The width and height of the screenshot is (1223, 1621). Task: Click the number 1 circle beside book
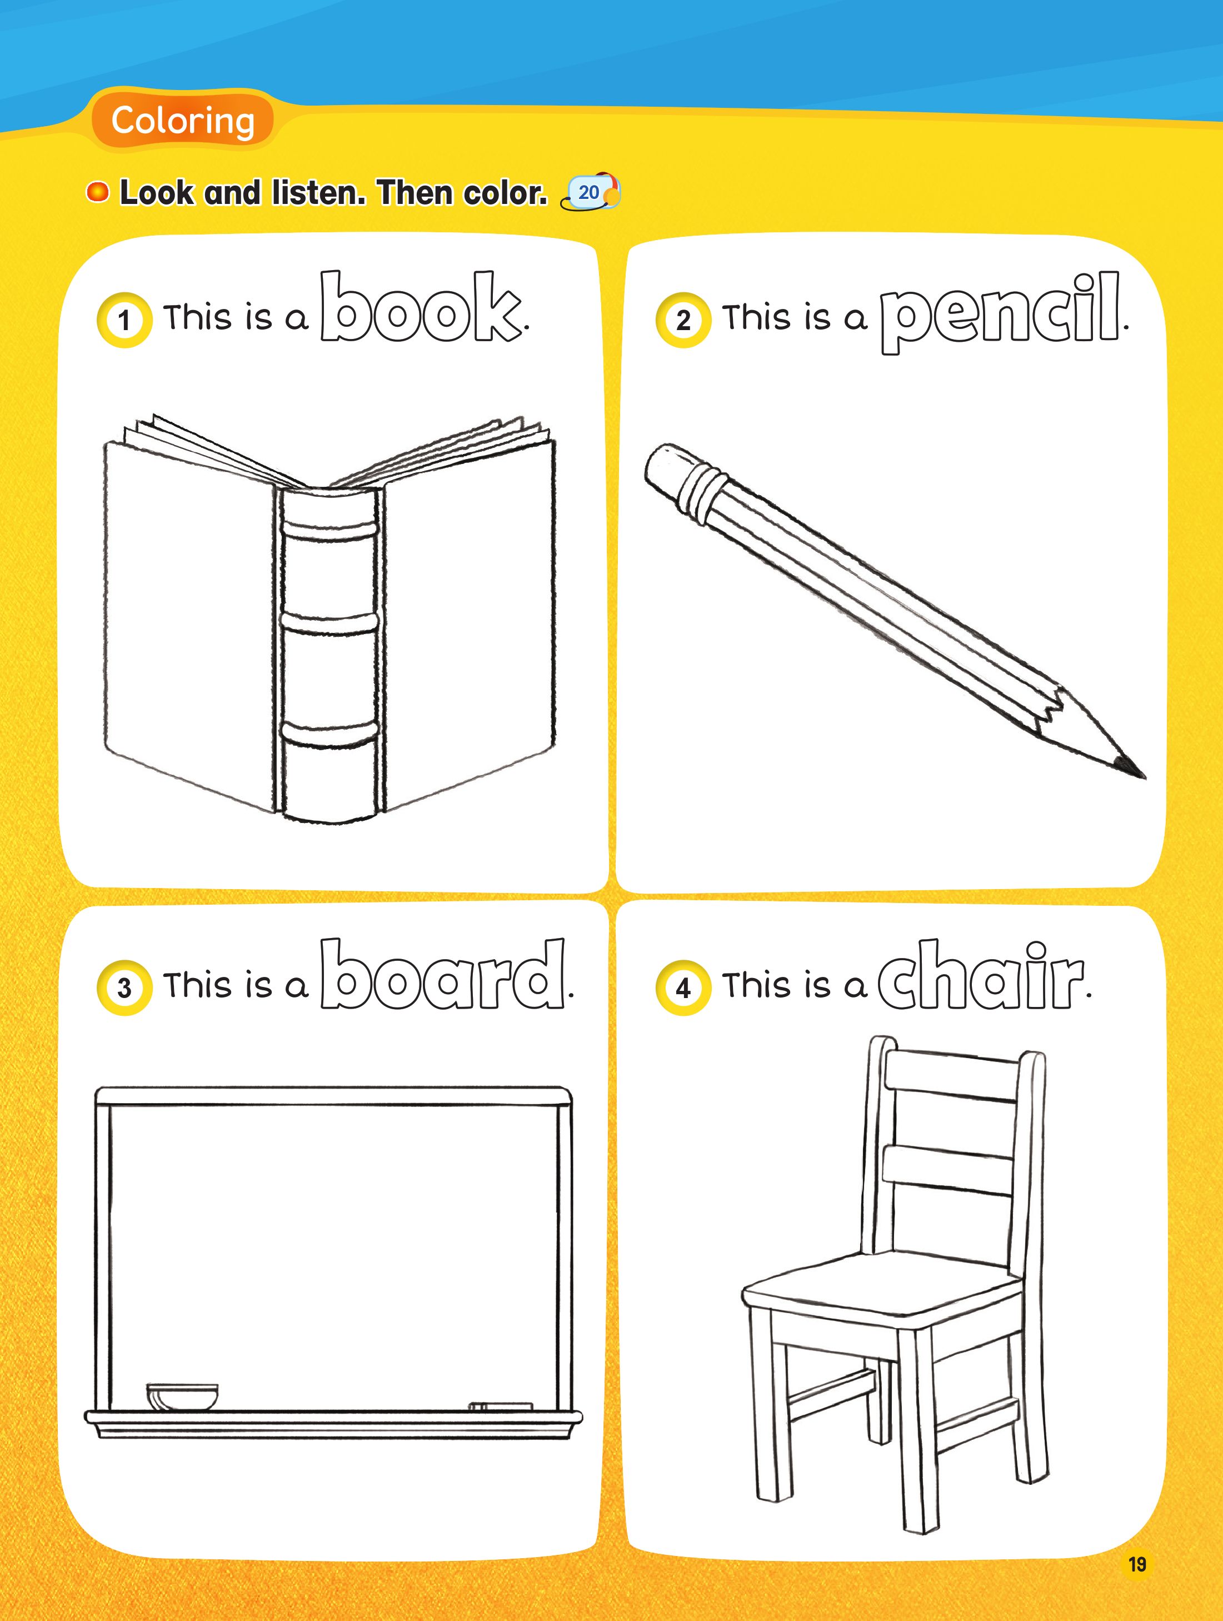pos(124,320)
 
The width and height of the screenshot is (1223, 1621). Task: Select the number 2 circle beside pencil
pos(683,320)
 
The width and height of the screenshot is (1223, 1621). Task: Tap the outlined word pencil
pos(1000,311)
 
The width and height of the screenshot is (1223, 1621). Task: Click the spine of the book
pos(330,652)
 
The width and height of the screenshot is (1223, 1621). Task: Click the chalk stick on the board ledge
pos(501,1406)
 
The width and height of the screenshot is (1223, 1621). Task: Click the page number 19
pos(1136,1564)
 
